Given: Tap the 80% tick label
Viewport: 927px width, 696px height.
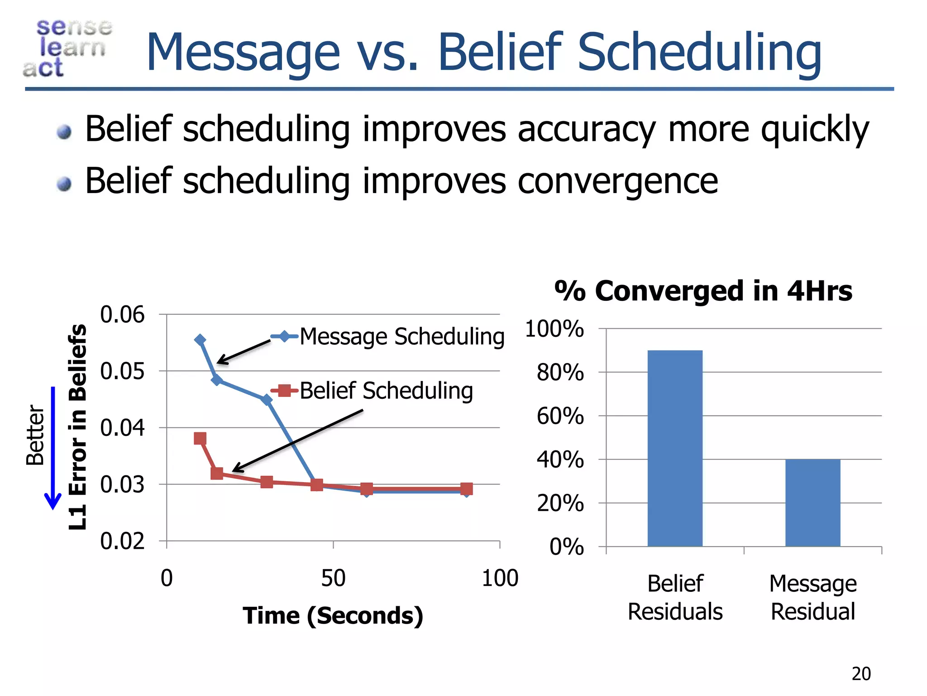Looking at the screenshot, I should click(560, 372).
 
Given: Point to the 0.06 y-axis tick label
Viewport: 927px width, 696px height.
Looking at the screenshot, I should click(122, 314).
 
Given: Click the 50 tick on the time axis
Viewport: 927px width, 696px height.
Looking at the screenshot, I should click(333, 578).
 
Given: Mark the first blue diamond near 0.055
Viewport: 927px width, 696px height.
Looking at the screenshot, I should click(200, 340).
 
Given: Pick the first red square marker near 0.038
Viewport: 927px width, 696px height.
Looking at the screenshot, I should click(200, 438).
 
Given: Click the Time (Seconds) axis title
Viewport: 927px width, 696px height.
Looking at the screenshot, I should click(333, 615).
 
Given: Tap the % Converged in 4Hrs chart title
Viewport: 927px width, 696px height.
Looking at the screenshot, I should click(703, 290).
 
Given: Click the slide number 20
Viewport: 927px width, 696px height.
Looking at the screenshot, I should click(861, 674).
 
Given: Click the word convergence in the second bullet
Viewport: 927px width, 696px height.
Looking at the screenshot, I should click(617, 181).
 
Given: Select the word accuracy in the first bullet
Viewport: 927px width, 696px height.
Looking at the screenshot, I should click(587, 129).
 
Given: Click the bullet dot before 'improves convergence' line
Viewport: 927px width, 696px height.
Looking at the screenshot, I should click(64, 184).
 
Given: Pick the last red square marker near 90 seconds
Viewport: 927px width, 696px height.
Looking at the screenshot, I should click(466, 488).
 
